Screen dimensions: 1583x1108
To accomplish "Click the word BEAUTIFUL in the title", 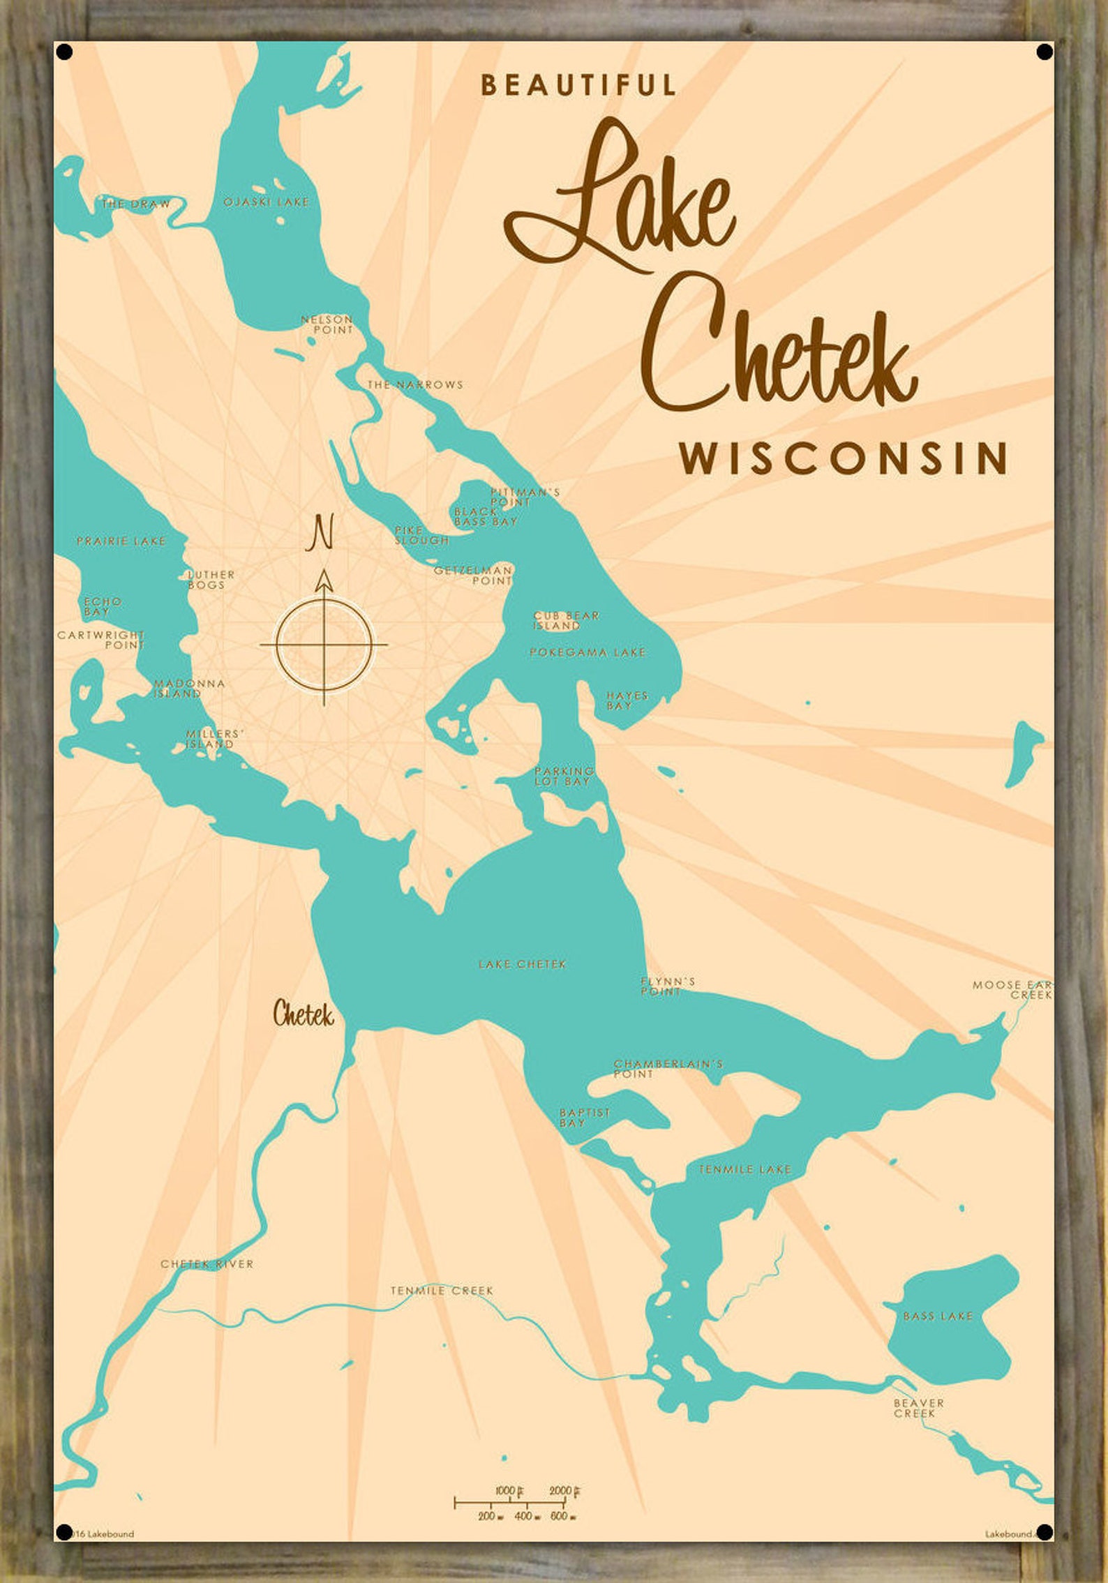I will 578,85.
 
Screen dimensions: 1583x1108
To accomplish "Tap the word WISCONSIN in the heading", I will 844,458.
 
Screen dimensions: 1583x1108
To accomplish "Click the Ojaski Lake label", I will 266,202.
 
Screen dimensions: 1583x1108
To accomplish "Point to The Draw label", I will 135,204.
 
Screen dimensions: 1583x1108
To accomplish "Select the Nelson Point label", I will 327,324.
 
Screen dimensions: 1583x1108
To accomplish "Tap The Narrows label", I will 415,384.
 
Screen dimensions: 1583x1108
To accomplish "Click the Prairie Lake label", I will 121,541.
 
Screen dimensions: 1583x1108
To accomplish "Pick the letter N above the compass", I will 320,532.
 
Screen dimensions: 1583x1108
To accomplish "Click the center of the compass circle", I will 324,645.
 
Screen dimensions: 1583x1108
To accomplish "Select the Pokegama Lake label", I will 587,652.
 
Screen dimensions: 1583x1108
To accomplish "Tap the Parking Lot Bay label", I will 564,776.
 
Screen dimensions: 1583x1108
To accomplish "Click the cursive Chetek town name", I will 303,1014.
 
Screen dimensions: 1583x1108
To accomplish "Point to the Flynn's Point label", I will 667,986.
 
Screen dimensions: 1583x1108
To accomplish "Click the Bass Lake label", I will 937,1316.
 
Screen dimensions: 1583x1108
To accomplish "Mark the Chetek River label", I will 207,1263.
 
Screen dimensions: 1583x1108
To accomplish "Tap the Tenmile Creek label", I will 442,1291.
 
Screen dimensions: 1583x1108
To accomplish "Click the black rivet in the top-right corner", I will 1045,52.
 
